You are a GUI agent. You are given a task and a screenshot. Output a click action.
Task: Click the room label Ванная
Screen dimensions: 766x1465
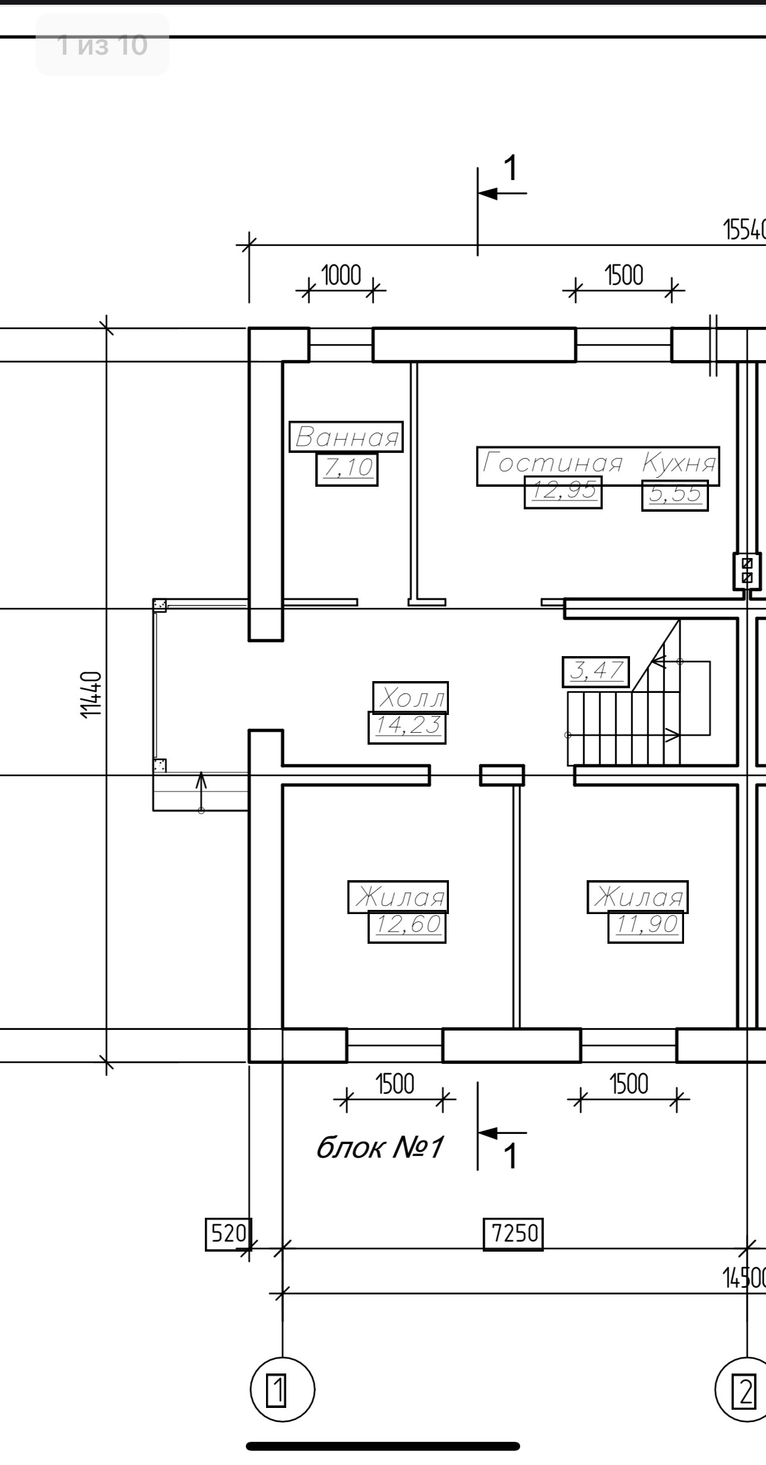(x=346, y=437)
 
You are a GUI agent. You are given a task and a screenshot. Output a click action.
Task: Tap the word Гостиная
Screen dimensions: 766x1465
(x=553, y=463)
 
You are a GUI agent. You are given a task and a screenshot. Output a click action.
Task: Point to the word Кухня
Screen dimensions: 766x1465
(x=679, y=463)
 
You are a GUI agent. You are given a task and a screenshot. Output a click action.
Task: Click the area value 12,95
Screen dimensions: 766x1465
(x=563, y=492)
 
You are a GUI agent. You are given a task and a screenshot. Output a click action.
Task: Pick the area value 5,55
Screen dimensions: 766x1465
(x=675, y=494)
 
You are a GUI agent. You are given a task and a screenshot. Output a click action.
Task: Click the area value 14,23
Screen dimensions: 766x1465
(x=407, y=727)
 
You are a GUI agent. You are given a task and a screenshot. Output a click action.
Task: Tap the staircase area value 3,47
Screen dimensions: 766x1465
(x=596, y=672)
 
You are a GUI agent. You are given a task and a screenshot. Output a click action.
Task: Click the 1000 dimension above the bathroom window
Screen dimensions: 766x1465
(x=341, y=276)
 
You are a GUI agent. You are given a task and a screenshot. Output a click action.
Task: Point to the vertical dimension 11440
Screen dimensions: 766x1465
(x=91, y=694)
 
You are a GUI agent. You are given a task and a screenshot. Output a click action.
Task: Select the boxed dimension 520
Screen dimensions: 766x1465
(x=229, y=1234)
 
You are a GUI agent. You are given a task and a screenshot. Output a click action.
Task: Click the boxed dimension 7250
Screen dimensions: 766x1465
(x=514, y=1234)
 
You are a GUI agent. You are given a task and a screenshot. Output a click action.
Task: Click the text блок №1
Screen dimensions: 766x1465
(x=379, y=1148)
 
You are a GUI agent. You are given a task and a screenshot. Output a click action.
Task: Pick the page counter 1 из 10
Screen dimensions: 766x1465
(x=102, y=45)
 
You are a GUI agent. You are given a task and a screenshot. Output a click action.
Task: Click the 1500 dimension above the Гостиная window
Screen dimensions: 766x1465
(x=623, y=276)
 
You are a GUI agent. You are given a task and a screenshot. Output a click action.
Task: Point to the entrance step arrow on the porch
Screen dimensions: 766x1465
(x=201, y=791)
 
